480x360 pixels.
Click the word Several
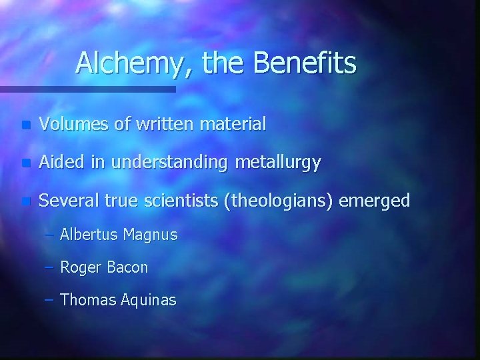65,201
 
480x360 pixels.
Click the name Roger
79,267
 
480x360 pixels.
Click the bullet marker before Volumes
25,125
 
